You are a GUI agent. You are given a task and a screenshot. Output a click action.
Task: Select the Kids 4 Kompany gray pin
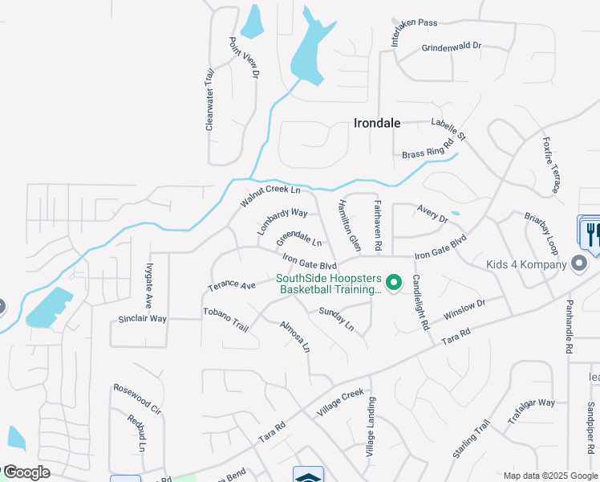578,263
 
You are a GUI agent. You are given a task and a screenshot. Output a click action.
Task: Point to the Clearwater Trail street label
210,100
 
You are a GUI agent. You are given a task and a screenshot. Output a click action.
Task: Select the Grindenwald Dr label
451,47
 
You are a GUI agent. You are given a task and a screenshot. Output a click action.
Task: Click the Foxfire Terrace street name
550,165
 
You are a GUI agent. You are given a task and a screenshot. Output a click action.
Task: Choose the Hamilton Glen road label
350,226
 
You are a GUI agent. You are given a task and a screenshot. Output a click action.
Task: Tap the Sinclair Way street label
142,319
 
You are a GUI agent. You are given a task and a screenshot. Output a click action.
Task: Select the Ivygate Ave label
149,285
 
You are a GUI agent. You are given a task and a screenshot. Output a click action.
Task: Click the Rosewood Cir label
137,398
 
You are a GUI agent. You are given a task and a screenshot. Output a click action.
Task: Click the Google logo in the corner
26,472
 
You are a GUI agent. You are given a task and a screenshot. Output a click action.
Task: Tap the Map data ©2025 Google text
549,476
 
